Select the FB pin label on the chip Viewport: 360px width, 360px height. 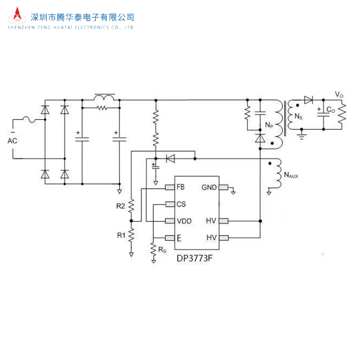point(180,187)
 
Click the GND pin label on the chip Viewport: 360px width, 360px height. point(209,187)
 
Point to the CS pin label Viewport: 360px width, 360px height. point(181,204)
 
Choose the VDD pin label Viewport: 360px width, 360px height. point(184,221)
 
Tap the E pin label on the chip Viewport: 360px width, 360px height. point(179,238)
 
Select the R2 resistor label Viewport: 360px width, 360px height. point(121,206)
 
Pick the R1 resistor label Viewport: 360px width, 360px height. point(121,235)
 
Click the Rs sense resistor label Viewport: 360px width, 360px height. point(162,250)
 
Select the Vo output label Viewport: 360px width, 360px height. point(339,95)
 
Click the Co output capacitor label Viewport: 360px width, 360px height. point(331,109)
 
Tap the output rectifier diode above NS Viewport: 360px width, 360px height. point(309,100)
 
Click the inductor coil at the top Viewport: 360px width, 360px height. point(104,97)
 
